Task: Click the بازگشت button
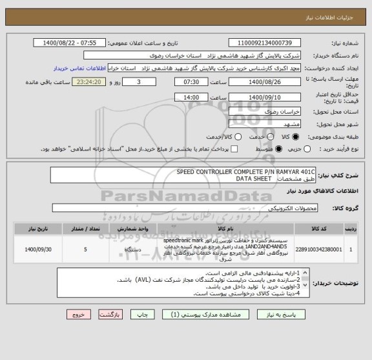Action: click(109, 315)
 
